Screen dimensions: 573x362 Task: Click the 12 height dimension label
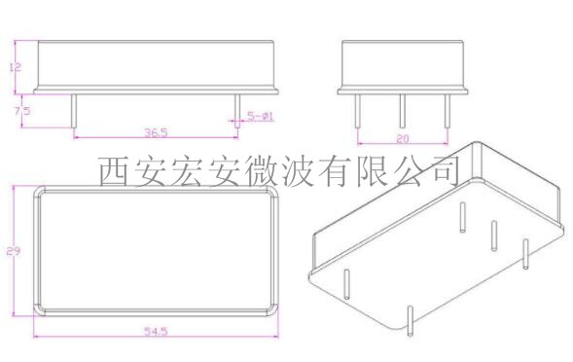coord(14,67)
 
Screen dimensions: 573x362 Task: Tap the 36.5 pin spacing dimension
coord(157,130)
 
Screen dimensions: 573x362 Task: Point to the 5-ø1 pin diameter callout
coord(260,116)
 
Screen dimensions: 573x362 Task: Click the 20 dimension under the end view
coord(401,138)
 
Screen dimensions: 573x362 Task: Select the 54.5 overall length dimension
coord(157,332)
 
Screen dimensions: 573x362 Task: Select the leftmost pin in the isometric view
coord(347,281)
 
